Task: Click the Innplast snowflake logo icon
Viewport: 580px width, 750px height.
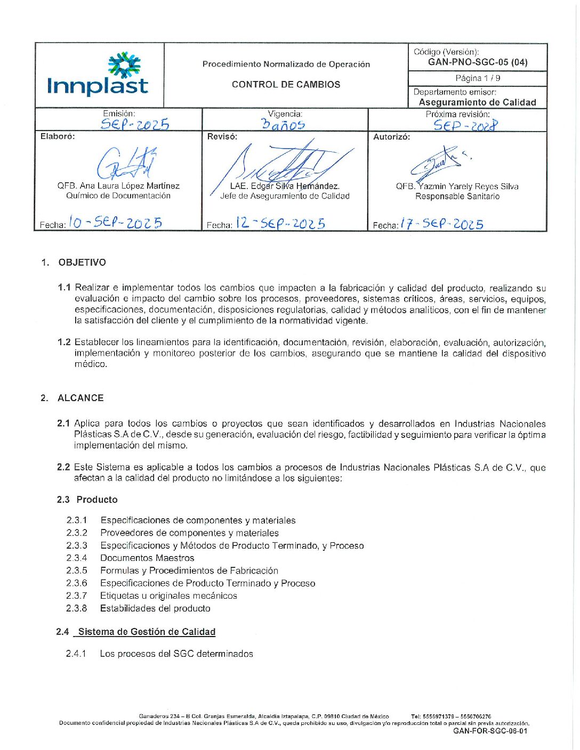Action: coord(124,65)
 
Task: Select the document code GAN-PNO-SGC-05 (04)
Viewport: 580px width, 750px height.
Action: coord(478,62)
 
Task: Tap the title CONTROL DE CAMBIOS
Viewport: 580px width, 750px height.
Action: coord(286,84)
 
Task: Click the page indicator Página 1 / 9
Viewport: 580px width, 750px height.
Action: coord(478,78)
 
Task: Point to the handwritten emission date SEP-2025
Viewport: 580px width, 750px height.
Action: coord(135,125)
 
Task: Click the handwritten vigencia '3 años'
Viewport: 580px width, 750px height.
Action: coord(284,125)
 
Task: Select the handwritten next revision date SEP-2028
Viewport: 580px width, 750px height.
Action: coord(465,125)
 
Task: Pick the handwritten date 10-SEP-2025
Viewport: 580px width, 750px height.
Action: coord(116,223)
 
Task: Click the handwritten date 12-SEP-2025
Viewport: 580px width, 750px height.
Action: coord(280,223)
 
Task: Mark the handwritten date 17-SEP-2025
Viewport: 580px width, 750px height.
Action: coord(442,224)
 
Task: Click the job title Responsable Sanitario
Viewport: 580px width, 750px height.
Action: coord(457,197)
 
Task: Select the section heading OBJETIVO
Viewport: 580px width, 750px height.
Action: coord(82,263)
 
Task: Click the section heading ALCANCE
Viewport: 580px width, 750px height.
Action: coord(80,398)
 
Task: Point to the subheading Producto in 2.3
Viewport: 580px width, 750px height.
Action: coord(97,500)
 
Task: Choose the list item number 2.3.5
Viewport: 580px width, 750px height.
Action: coord(77,570)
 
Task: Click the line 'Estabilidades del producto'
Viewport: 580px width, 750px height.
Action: coord(155,608)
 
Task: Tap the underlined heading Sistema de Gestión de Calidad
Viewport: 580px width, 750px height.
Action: coord(147,632)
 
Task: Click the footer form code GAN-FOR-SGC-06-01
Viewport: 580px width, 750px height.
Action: coord(490,731)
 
